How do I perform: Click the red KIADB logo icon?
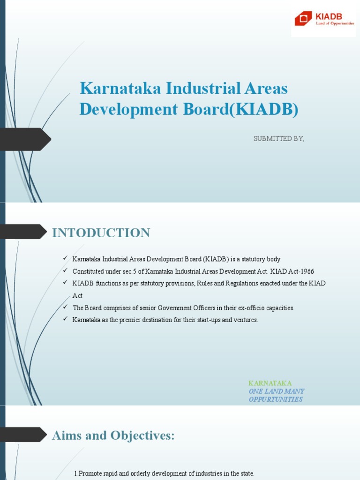pos(303,19)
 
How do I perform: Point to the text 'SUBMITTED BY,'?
pos(278,139)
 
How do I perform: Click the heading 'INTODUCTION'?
pos(101,233)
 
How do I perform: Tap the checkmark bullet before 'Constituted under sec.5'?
pos(65,271)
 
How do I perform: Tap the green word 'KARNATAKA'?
pos(270,383)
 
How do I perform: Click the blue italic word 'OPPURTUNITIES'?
pos(275,399)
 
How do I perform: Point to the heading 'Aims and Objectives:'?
pos(113,435)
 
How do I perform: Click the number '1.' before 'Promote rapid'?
pos(76,473)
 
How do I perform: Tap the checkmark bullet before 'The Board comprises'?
pos(65,307)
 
